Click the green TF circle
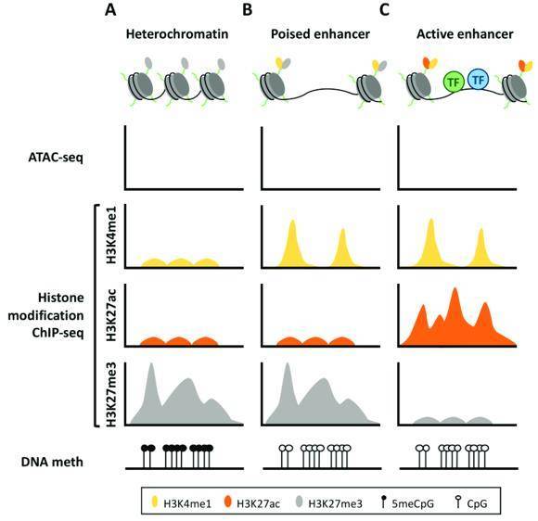pyautogui.click(x=454, y=82)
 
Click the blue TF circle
pyautogui.click(x=479, y=80)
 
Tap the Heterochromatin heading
pyautogui.click(x=177, y=34)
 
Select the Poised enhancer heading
pyautogui.click(x=320, y=34)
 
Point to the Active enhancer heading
pyautogui.click(x=465, y=34)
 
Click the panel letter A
pyautogui.click(x=110, y=10)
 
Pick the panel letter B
pyautogui.click(x=247, y=10)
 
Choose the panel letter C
pyautogui.click(x=385, y=10)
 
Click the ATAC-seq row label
pyautogui.click(x=56, y=159)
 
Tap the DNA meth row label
pyautogui.click(x=52, y=462)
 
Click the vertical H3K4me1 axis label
pyautogui.click(x=111, y=237)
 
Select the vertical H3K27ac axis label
pyautogui.click(x=111, y=315)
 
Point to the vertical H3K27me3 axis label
pyautogui.click(x=111, y=394)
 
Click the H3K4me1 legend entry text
pyautogui.click(x=187, y=503)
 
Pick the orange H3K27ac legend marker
pyautogui.click(x=227, y=502)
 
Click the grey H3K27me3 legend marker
pyautogui.click(x=300, y=502)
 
